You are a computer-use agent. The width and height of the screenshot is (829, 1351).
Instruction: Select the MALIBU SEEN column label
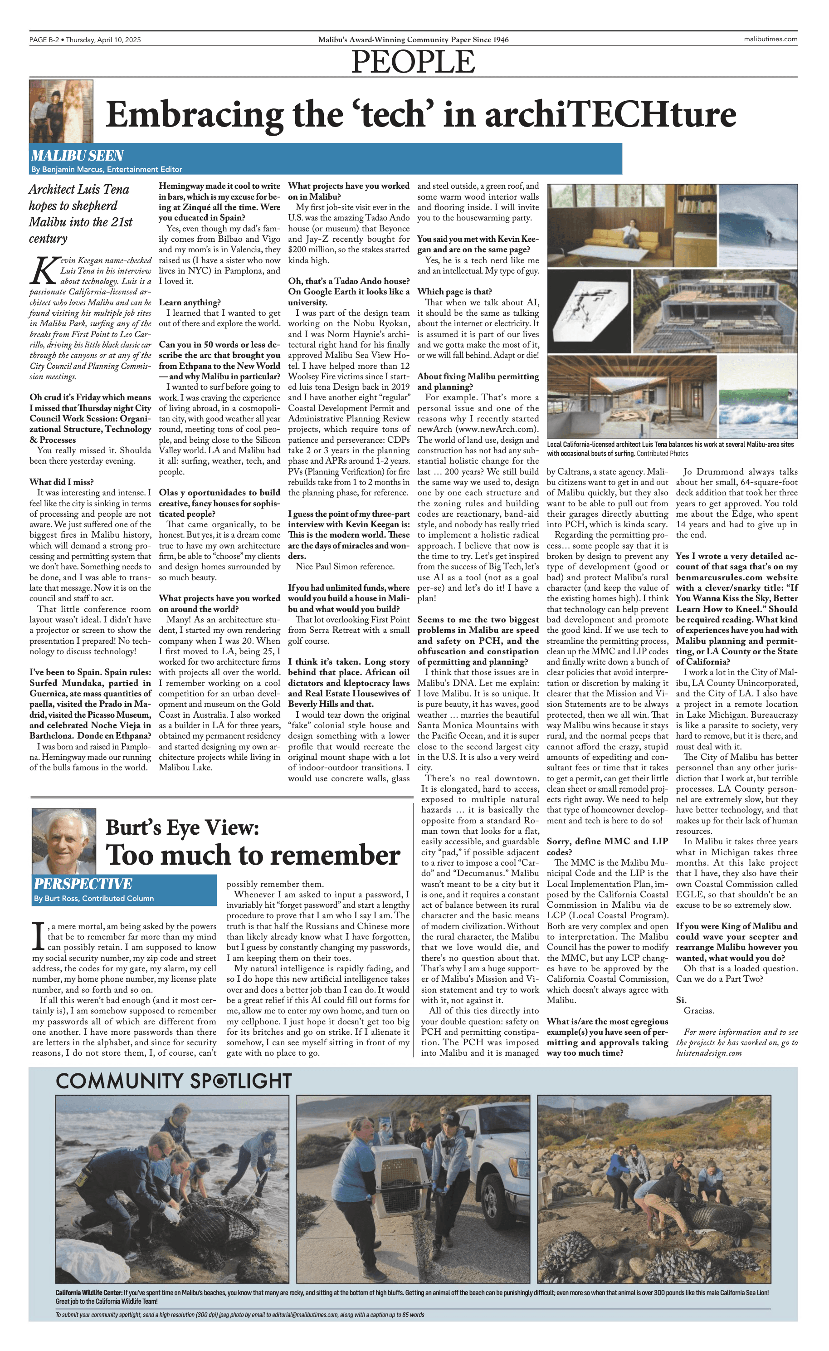(77, 156)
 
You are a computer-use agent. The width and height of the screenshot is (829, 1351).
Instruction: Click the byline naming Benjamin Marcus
(107, 169)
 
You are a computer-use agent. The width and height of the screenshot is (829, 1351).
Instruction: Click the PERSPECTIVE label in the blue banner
(83, 884)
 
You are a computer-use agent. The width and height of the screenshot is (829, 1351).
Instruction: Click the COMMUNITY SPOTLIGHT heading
(173, 1081)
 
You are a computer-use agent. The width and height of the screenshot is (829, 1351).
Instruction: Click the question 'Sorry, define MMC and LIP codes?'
(607, 847)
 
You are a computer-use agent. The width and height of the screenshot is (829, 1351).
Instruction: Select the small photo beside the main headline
(61, 111)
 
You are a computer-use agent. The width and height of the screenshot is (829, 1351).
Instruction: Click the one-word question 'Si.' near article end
(681, 1000)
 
